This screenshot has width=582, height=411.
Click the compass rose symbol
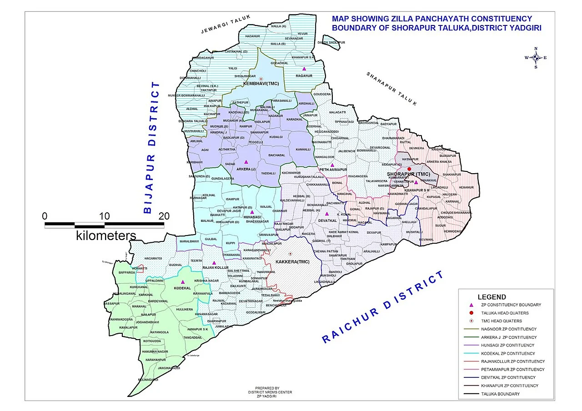click(x=536, y=57)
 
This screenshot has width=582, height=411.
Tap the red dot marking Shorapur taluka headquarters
click(x=409, y=169)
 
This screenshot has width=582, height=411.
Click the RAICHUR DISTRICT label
click(x=383, y=307)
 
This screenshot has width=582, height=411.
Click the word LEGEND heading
click(x=492, y=297)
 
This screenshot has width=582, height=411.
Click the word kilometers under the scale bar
click(x=106, y=236)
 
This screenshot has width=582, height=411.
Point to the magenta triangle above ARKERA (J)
click(x=246, y=162)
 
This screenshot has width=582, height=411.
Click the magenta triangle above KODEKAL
click(x=183, y=282)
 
